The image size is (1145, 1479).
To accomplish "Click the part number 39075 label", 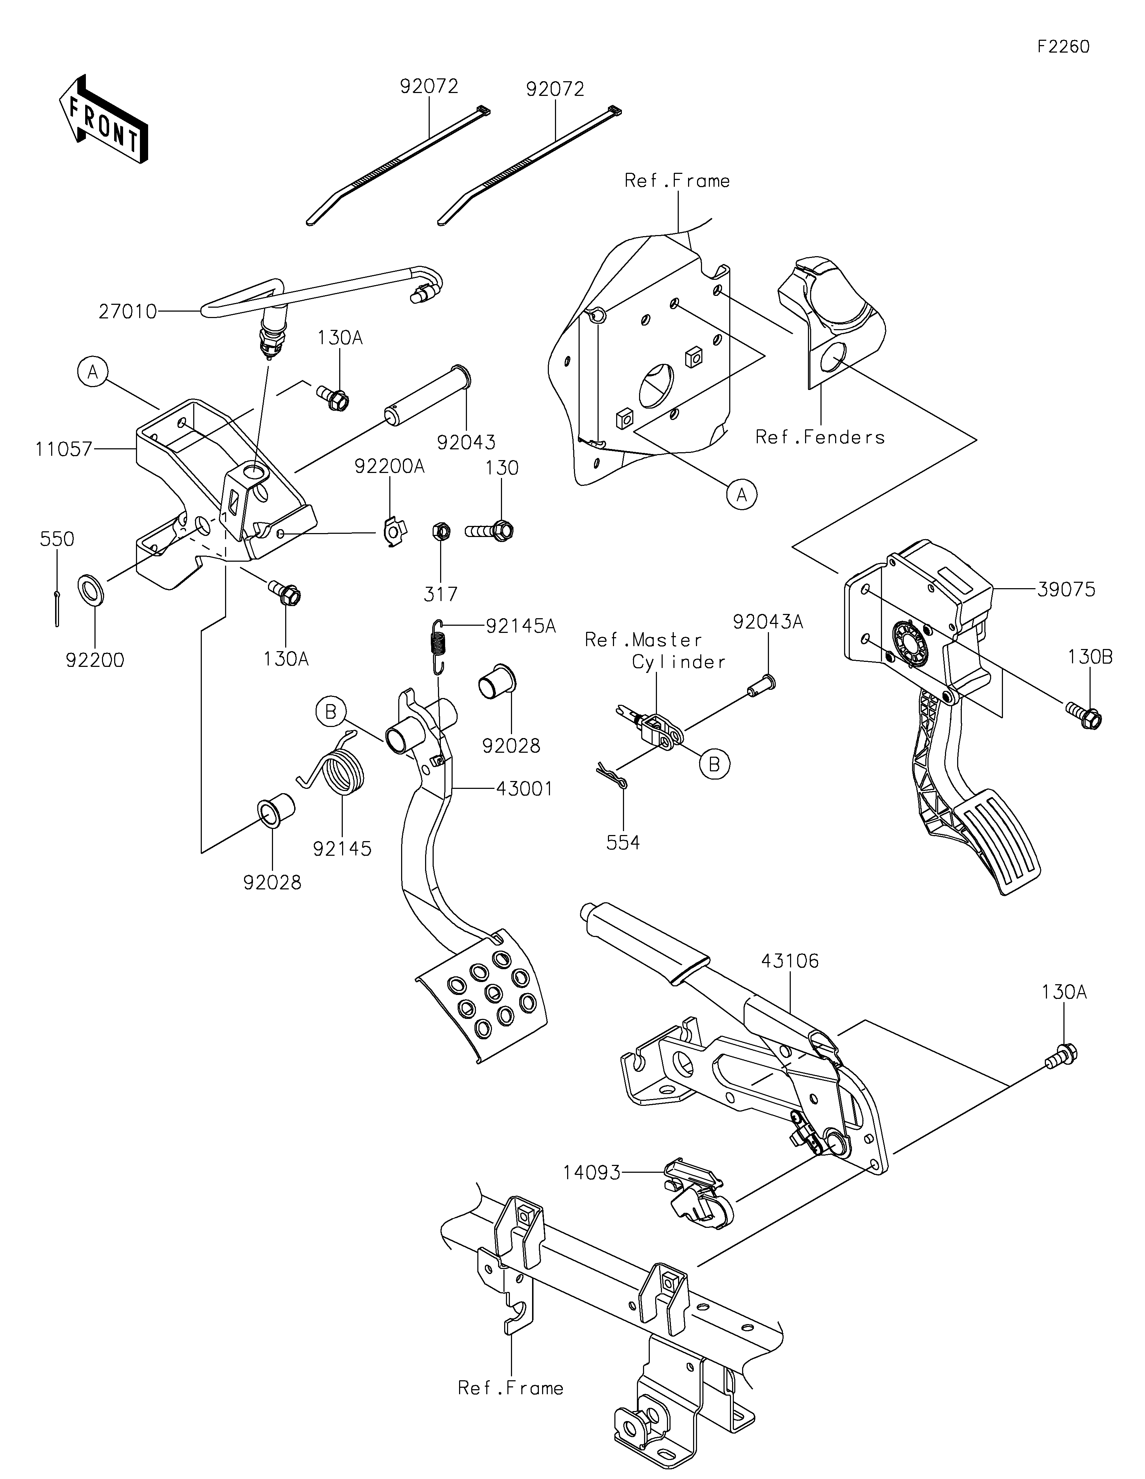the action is [x=1066, y=590].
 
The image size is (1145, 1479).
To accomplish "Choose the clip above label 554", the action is [x=613, y=775].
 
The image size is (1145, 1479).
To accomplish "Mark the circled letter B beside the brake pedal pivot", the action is [x=330, y=712].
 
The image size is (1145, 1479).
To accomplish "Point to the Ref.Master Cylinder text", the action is [x=656, y=651].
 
